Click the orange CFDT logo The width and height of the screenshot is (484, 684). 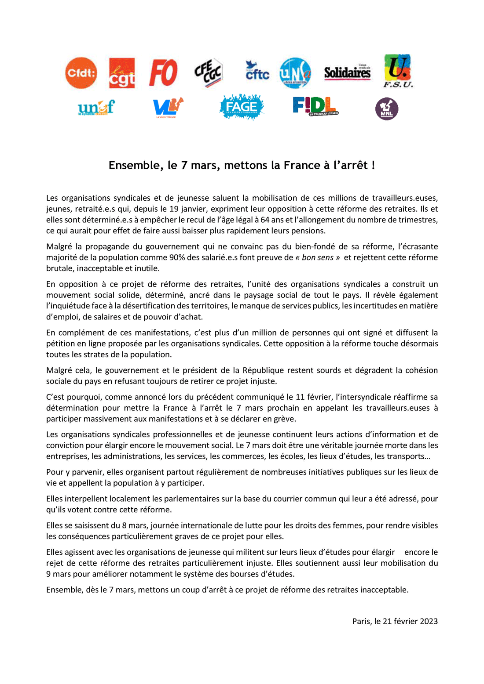(81, 72)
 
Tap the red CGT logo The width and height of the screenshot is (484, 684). (121, 73)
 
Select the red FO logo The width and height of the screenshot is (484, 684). (163, 73)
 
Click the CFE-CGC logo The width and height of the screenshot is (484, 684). (209, 72)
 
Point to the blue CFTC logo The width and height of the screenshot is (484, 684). (257, 71)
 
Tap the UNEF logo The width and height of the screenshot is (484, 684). (96, 108)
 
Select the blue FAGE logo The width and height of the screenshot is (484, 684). (241, 107)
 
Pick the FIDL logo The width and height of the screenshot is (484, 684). (315, 106)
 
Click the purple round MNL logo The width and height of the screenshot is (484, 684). (387, 109)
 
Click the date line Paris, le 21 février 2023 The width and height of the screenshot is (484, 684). (395, 621)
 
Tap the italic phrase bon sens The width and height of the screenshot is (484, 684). (318, 257)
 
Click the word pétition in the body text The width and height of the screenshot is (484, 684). (61, 344)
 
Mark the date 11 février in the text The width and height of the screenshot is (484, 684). (314, 397)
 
